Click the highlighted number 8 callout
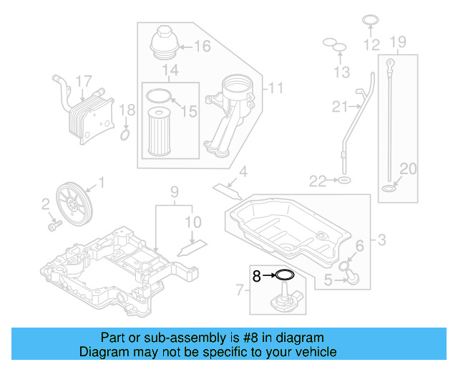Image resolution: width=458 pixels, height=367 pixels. tap(257, 274)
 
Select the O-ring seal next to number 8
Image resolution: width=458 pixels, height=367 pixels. tap(284, 274)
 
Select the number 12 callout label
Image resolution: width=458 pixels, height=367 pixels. tap(371, 44)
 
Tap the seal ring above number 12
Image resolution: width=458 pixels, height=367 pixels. tap(370, 21)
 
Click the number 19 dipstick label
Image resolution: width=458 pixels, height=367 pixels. tap(399, 41)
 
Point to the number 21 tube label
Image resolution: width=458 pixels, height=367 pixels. tap(339, 108)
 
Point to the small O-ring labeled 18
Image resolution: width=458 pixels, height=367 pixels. tap(125, 134)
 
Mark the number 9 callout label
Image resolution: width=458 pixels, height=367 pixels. tap(173, 191)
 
